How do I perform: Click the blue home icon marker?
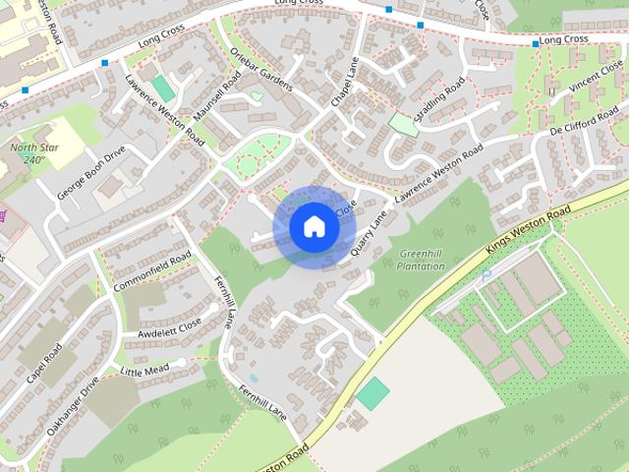pyautogui.click(x=314, y=227)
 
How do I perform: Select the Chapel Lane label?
pyautogui.click(x=341, y=84)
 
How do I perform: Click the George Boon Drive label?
pyautogui.click(x=91, y=173)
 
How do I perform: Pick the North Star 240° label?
pyautogui.click(x=29, y=153)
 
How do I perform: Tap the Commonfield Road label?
pyautogui.click(x=151, y=272)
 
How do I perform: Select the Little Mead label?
pyautogui.click(x=144, y=370)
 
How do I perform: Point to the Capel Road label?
pyautogui.click(x=44, y=364)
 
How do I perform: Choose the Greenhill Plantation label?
pyautogui.click(x=423, y=260)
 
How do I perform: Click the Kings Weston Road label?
pyautogui.click(x=528, y=230)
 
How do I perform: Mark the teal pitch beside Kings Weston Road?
pyautogui.click(x=372, y=395)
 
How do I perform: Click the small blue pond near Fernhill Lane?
pyautogui.click(x=254, y=378)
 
